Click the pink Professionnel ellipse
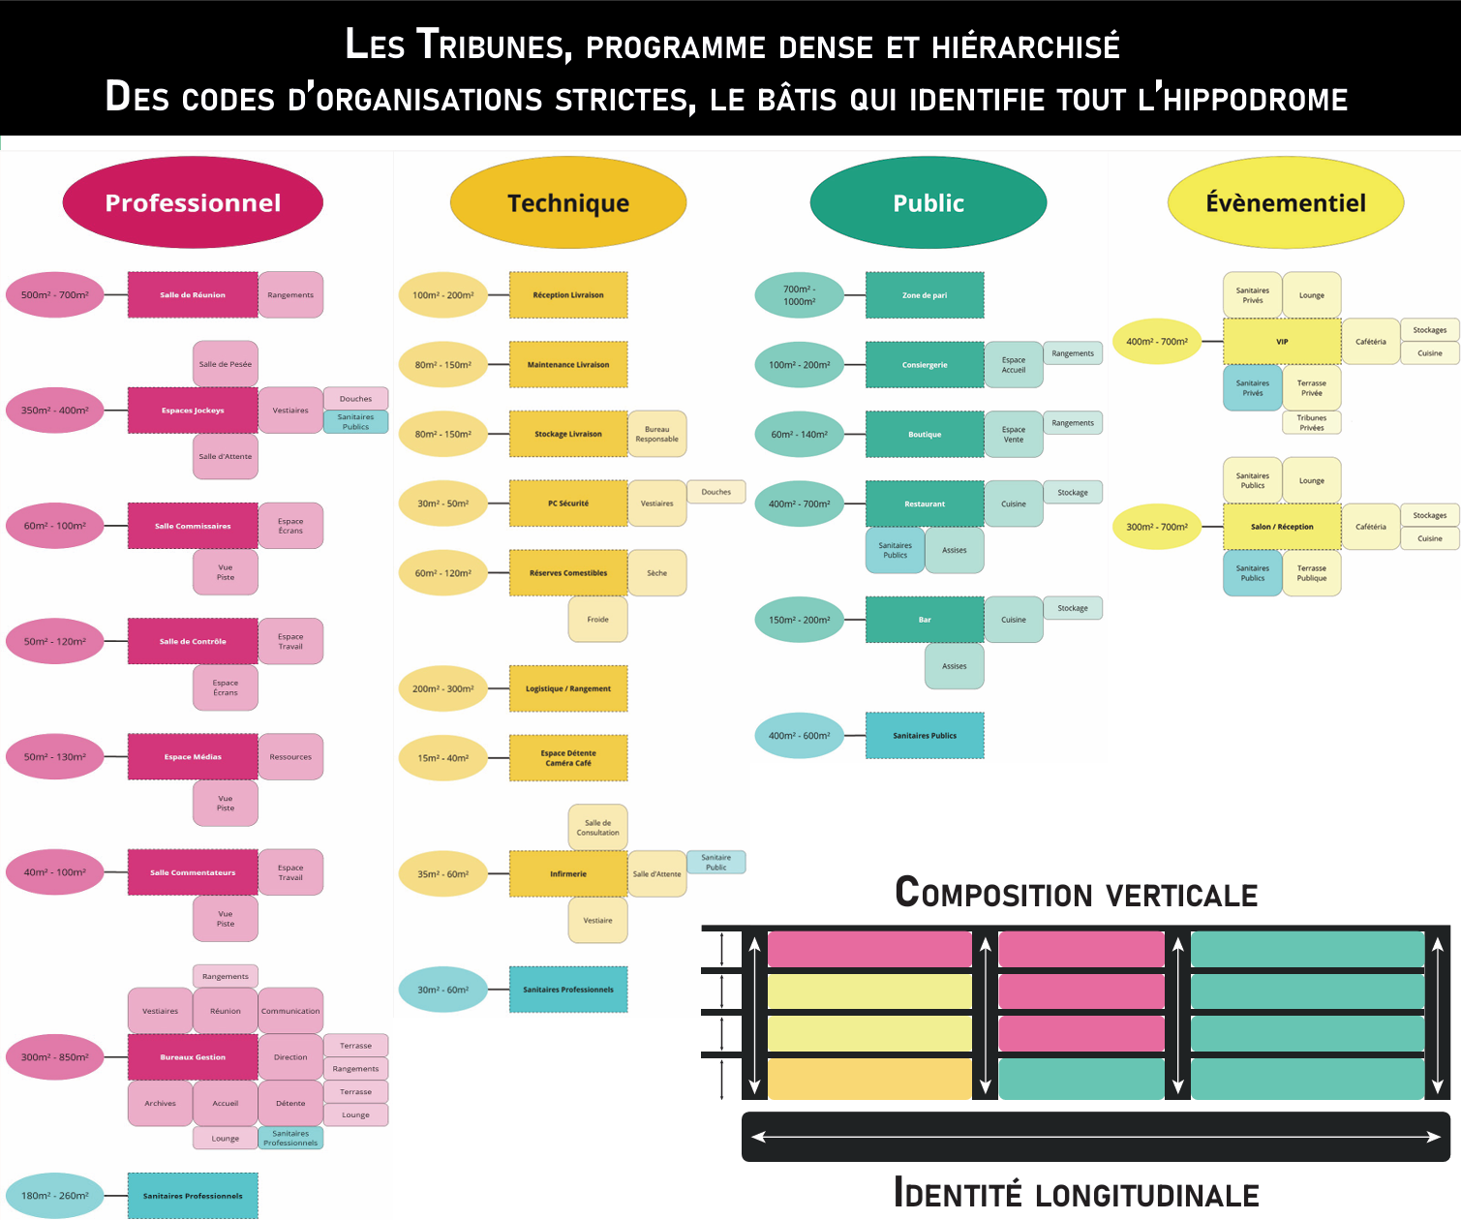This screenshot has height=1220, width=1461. point(193,202)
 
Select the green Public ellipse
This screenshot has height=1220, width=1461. point(928,202)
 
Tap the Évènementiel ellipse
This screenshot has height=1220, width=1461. point(1285,202)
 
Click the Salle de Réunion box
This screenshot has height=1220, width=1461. point(193,295)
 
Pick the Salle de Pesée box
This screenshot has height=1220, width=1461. point(226,364)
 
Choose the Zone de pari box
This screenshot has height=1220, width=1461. point(925,295)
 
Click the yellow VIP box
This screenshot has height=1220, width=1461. point(1282,342)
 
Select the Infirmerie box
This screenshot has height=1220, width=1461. point(568,873)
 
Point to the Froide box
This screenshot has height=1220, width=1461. point(597,620)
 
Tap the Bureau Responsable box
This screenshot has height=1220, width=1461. point(656,435)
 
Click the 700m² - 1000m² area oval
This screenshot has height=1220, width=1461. point(800,295)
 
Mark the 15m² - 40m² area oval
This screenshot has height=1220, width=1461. point(443,758)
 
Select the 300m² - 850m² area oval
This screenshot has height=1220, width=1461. point(55,1057)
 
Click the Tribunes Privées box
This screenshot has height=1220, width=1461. point(1312,423)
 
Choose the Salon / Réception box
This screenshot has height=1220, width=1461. point(1282,527)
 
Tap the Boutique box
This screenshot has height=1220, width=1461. point(925,435)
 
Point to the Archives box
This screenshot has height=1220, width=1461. point(161,1104)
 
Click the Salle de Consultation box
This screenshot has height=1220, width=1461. point(597,828)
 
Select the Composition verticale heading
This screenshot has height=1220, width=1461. point(1076,893)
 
